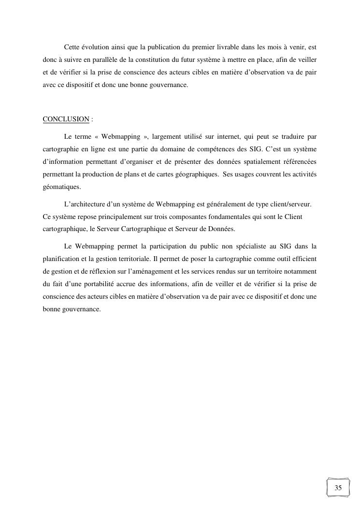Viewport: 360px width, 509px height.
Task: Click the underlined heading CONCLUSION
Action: (x=66, y=119)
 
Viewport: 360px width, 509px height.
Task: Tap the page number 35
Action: (x=338, y=488)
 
